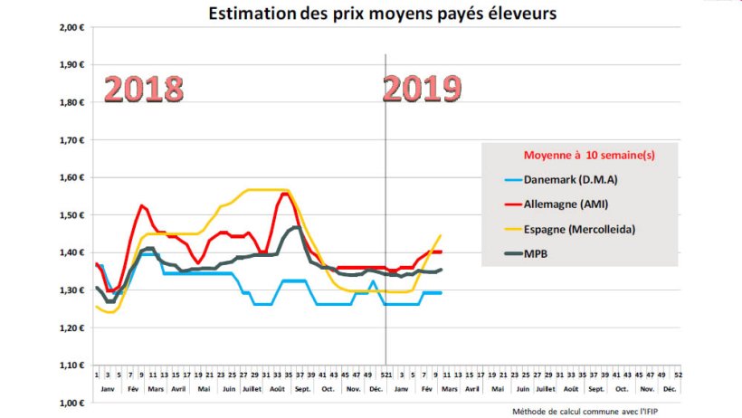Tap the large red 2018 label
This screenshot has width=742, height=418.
point(143,89)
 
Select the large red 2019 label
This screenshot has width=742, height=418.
point(422,89)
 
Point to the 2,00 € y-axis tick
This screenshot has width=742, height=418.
point(71,27)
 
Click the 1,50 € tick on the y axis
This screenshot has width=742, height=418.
point(71,215)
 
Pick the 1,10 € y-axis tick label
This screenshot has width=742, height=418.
point(71,366)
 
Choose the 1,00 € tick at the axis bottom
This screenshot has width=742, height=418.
point(71,403)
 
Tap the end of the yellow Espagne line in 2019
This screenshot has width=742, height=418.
point(441,235)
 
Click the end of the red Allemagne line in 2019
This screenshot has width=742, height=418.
point(441,252)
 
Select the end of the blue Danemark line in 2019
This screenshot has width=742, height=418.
point(441,292)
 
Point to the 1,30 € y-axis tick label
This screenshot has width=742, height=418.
point(71,290)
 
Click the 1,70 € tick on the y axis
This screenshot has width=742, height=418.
point(71,140)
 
